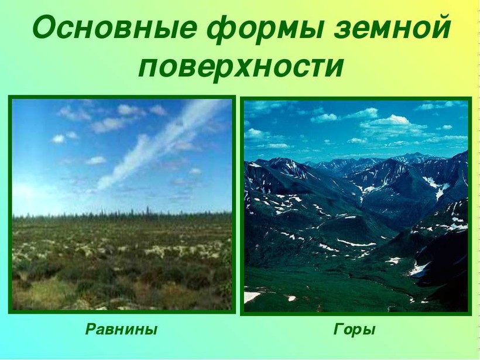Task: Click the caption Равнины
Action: tap(121, 330)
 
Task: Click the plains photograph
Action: tap(122, 204)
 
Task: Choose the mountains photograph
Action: tap(356, 206)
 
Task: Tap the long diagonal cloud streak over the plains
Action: tap(159, 144)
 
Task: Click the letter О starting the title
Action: tap(44, 28)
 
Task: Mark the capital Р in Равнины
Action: tap(91, 329)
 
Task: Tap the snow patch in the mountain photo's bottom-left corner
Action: tap(252, 297)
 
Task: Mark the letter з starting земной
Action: tap(342, 30)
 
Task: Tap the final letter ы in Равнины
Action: tap(151, 331)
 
